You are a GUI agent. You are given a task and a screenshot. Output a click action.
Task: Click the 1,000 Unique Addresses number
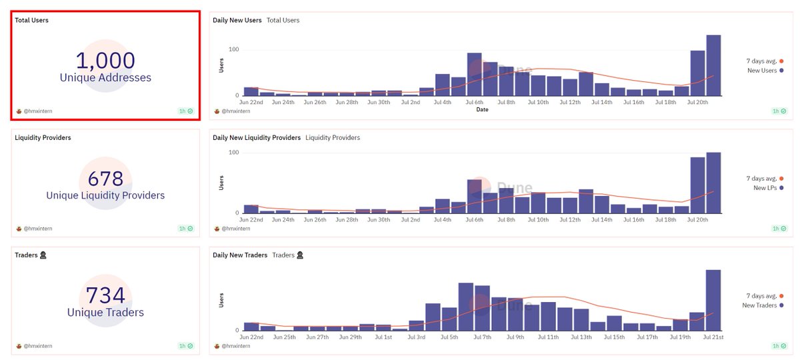[105, 61]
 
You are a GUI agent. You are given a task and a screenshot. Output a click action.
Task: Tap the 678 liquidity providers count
[105, 179]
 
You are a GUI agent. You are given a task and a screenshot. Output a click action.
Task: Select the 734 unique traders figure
[105, 296]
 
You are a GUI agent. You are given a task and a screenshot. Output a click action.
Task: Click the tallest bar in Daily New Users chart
[713, 65]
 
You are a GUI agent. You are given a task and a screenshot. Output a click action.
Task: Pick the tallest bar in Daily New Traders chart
[713, 300]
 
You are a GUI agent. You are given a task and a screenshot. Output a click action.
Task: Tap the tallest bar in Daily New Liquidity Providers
[713, 183]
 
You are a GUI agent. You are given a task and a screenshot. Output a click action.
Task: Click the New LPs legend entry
[768, 188]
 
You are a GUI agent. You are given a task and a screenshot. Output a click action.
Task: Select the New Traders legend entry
[763, 305]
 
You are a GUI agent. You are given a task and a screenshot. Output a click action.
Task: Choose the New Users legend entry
[765, 71]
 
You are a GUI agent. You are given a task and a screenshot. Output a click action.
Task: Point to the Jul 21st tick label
[713, 337]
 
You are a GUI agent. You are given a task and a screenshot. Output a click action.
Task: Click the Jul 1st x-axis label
[383, 337]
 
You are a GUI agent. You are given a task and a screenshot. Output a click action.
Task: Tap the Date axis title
[482, 109]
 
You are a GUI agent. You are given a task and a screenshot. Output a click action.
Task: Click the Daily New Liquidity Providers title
[257, 138]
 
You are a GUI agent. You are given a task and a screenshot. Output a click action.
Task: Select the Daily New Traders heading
[240, 255]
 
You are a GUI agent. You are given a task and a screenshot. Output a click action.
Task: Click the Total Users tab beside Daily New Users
[283, 21]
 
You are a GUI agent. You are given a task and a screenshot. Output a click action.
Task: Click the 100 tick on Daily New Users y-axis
[233, 49]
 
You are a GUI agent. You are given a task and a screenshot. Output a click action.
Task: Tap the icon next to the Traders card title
[43, 255]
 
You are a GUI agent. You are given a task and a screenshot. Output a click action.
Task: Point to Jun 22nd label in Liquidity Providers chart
[251, 219]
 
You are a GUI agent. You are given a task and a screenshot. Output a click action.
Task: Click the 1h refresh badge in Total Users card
[186, 111]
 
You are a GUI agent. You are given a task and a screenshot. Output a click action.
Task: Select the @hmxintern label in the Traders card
[37, 346]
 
